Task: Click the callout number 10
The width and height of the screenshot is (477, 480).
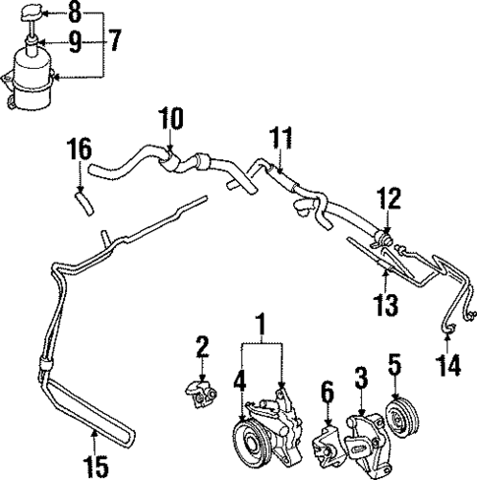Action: click(170, 121)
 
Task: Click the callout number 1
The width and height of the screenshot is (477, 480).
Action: click(260, 323)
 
